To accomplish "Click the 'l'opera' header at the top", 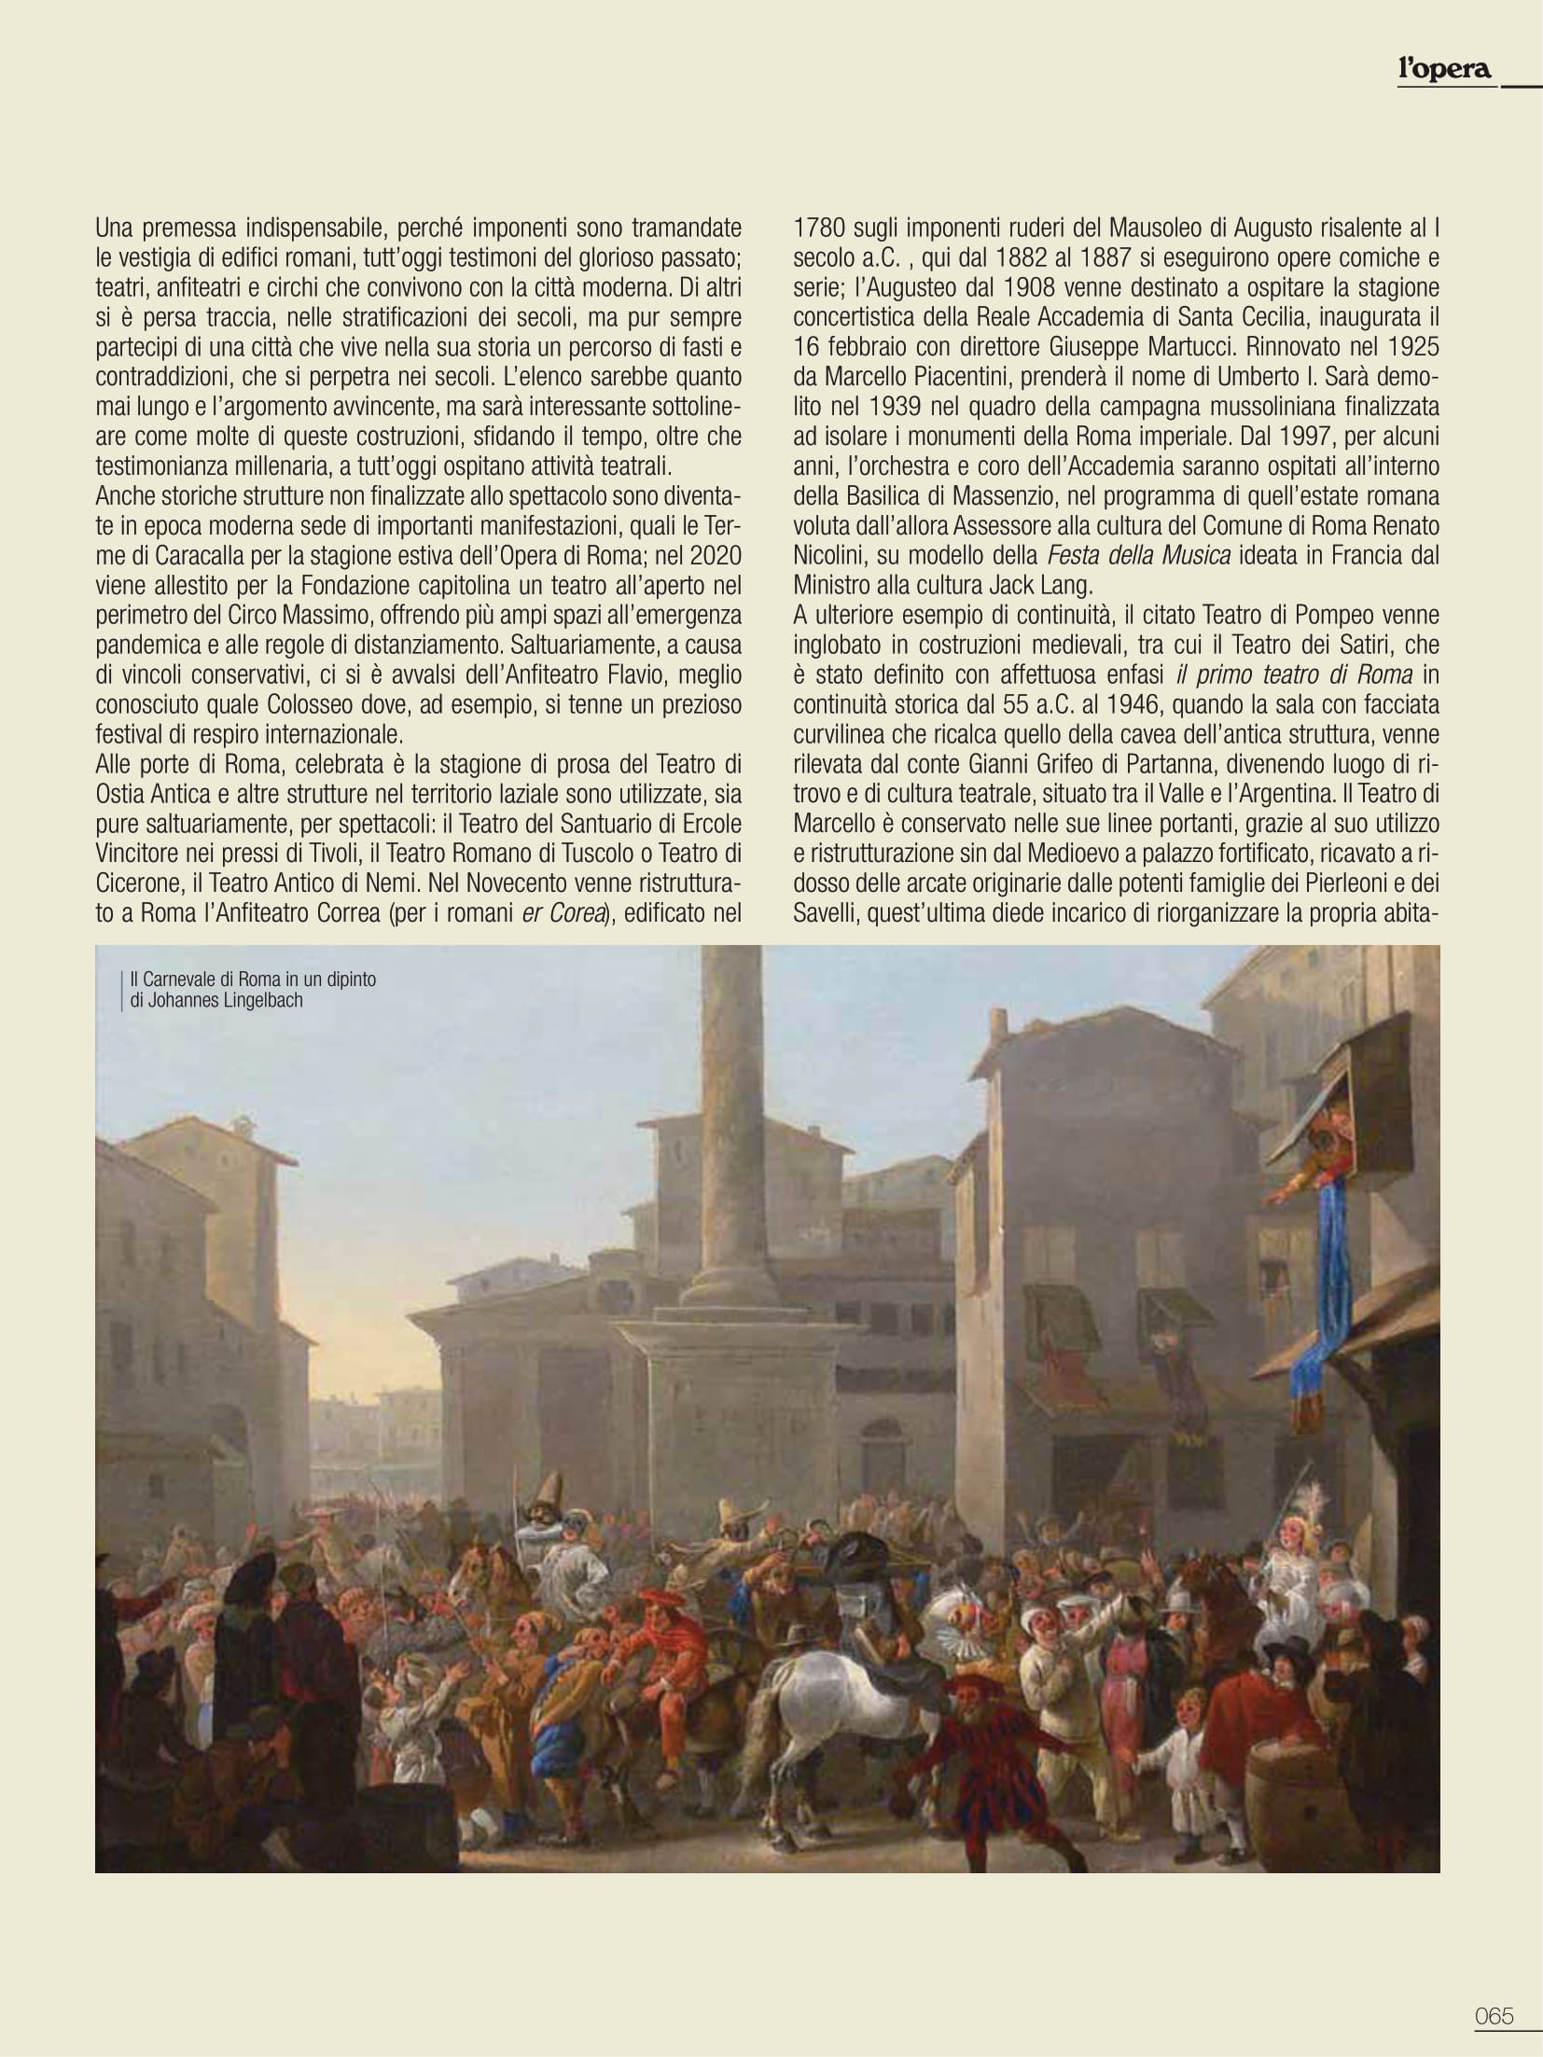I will coord(1443,68).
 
